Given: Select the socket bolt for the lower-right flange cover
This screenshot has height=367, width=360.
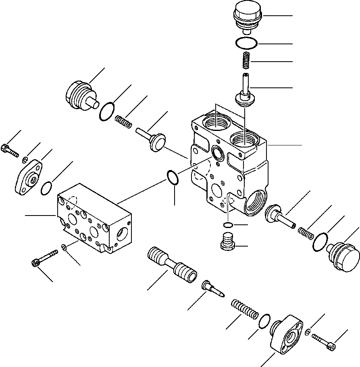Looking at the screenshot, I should [x=324, y=338].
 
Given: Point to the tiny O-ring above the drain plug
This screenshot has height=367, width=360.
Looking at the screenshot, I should [x=228, y=224].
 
